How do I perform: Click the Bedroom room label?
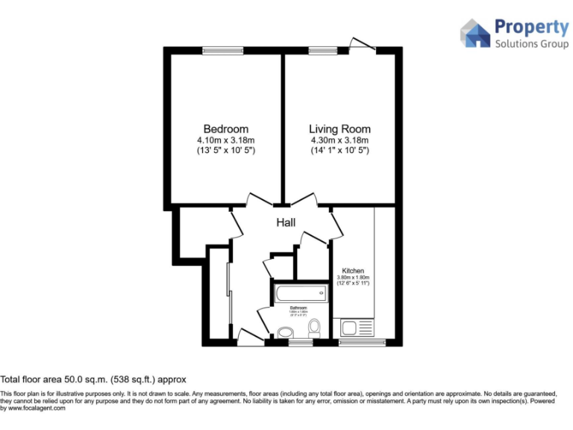(226, 129)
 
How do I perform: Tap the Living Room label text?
(339, 129)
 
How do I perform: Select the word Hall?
(286, 222)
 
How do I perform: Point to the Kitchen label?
(353, 270)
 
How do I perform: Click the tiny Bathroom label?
(299, 307)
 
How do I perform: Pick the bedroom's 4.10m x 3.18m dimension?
(226, 140)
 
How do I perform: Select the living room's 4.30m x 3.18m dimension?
(339, 140)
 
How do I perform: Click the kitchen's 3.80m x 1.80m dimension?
(353, 278)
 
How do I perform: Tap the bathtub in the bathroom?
(299, 293)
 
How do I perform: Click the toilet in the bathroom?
(314, 327)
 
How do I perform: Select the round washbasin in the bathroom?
(284, 333)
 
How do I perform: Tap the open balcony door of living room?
(362, 43)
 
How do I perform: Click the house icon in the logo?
(475, 34)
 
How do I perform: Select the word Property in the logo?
(532, 28)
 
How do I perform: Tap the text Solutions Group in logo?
(532, 44)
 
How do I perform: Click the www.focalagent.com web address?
(37, 408)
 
